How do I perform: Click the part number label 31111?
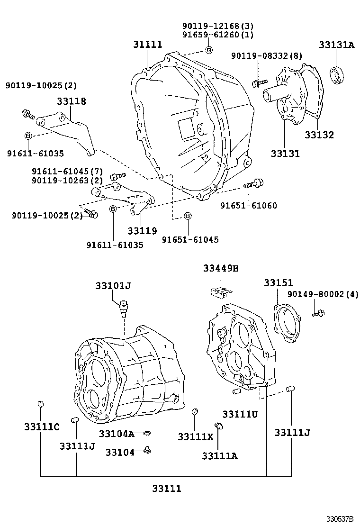click(x=147, y=45)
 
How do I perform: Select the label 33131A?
click(x=336, y=45)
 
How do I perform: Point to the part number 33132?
click(x=319, y=135)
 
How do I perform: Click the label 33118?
click(x=72, y=101)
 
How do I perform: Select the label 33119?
click(x=142, y=231)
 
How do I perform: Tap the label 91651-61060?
click(x=249, y=205)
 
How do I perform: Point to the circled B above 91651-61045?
click(x=188, y=216)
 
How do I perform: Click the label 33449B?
click(x=221, y=268)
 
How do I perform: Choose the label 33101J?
click(x=113, y=286)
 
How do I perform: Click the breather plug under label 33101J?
click(x=124, y=308)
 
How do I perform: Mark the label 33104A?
click(x=117, y=434)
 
